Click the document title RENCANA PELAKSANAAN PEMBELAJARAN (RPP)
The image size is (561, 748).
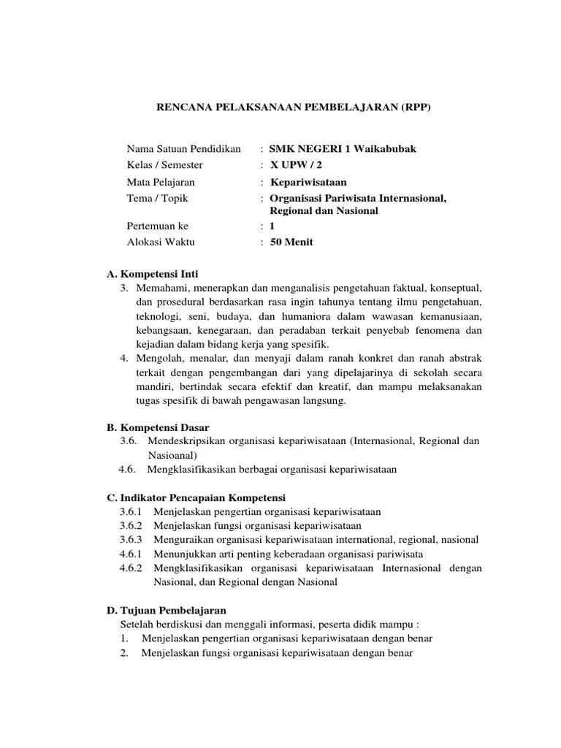(295, 107)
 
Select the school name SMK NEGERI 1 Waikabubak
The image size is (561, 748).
(343, 149)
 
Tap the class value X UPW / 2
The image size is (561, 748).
(301, 165)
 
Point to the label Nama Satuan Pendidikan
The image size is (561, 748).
(183, 149)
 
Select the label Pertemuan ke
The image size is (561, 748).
(157, 226)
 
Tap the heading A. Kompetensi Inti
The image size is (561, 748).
(152, 274)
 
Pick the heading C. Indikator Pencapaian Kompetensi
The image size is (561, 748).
(196, 497)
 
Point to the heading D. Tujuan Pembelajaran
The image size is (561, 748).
(167, 610)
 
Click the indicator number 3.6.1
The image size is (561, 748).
(131, 511)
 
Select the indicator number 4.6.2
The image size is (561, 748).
(131, 568)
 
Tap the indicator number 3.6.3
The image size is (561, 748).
(131, 540)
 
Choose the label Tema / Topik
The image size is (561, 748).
(157, 198)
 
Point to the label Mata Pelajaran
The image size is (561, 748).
(161, 182)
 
